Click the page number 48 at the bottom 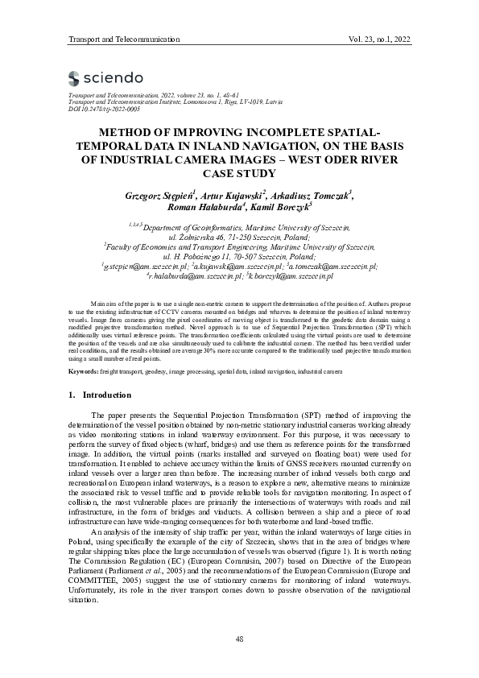[239, 639]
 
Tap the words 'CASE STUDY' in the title [239, 172]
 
